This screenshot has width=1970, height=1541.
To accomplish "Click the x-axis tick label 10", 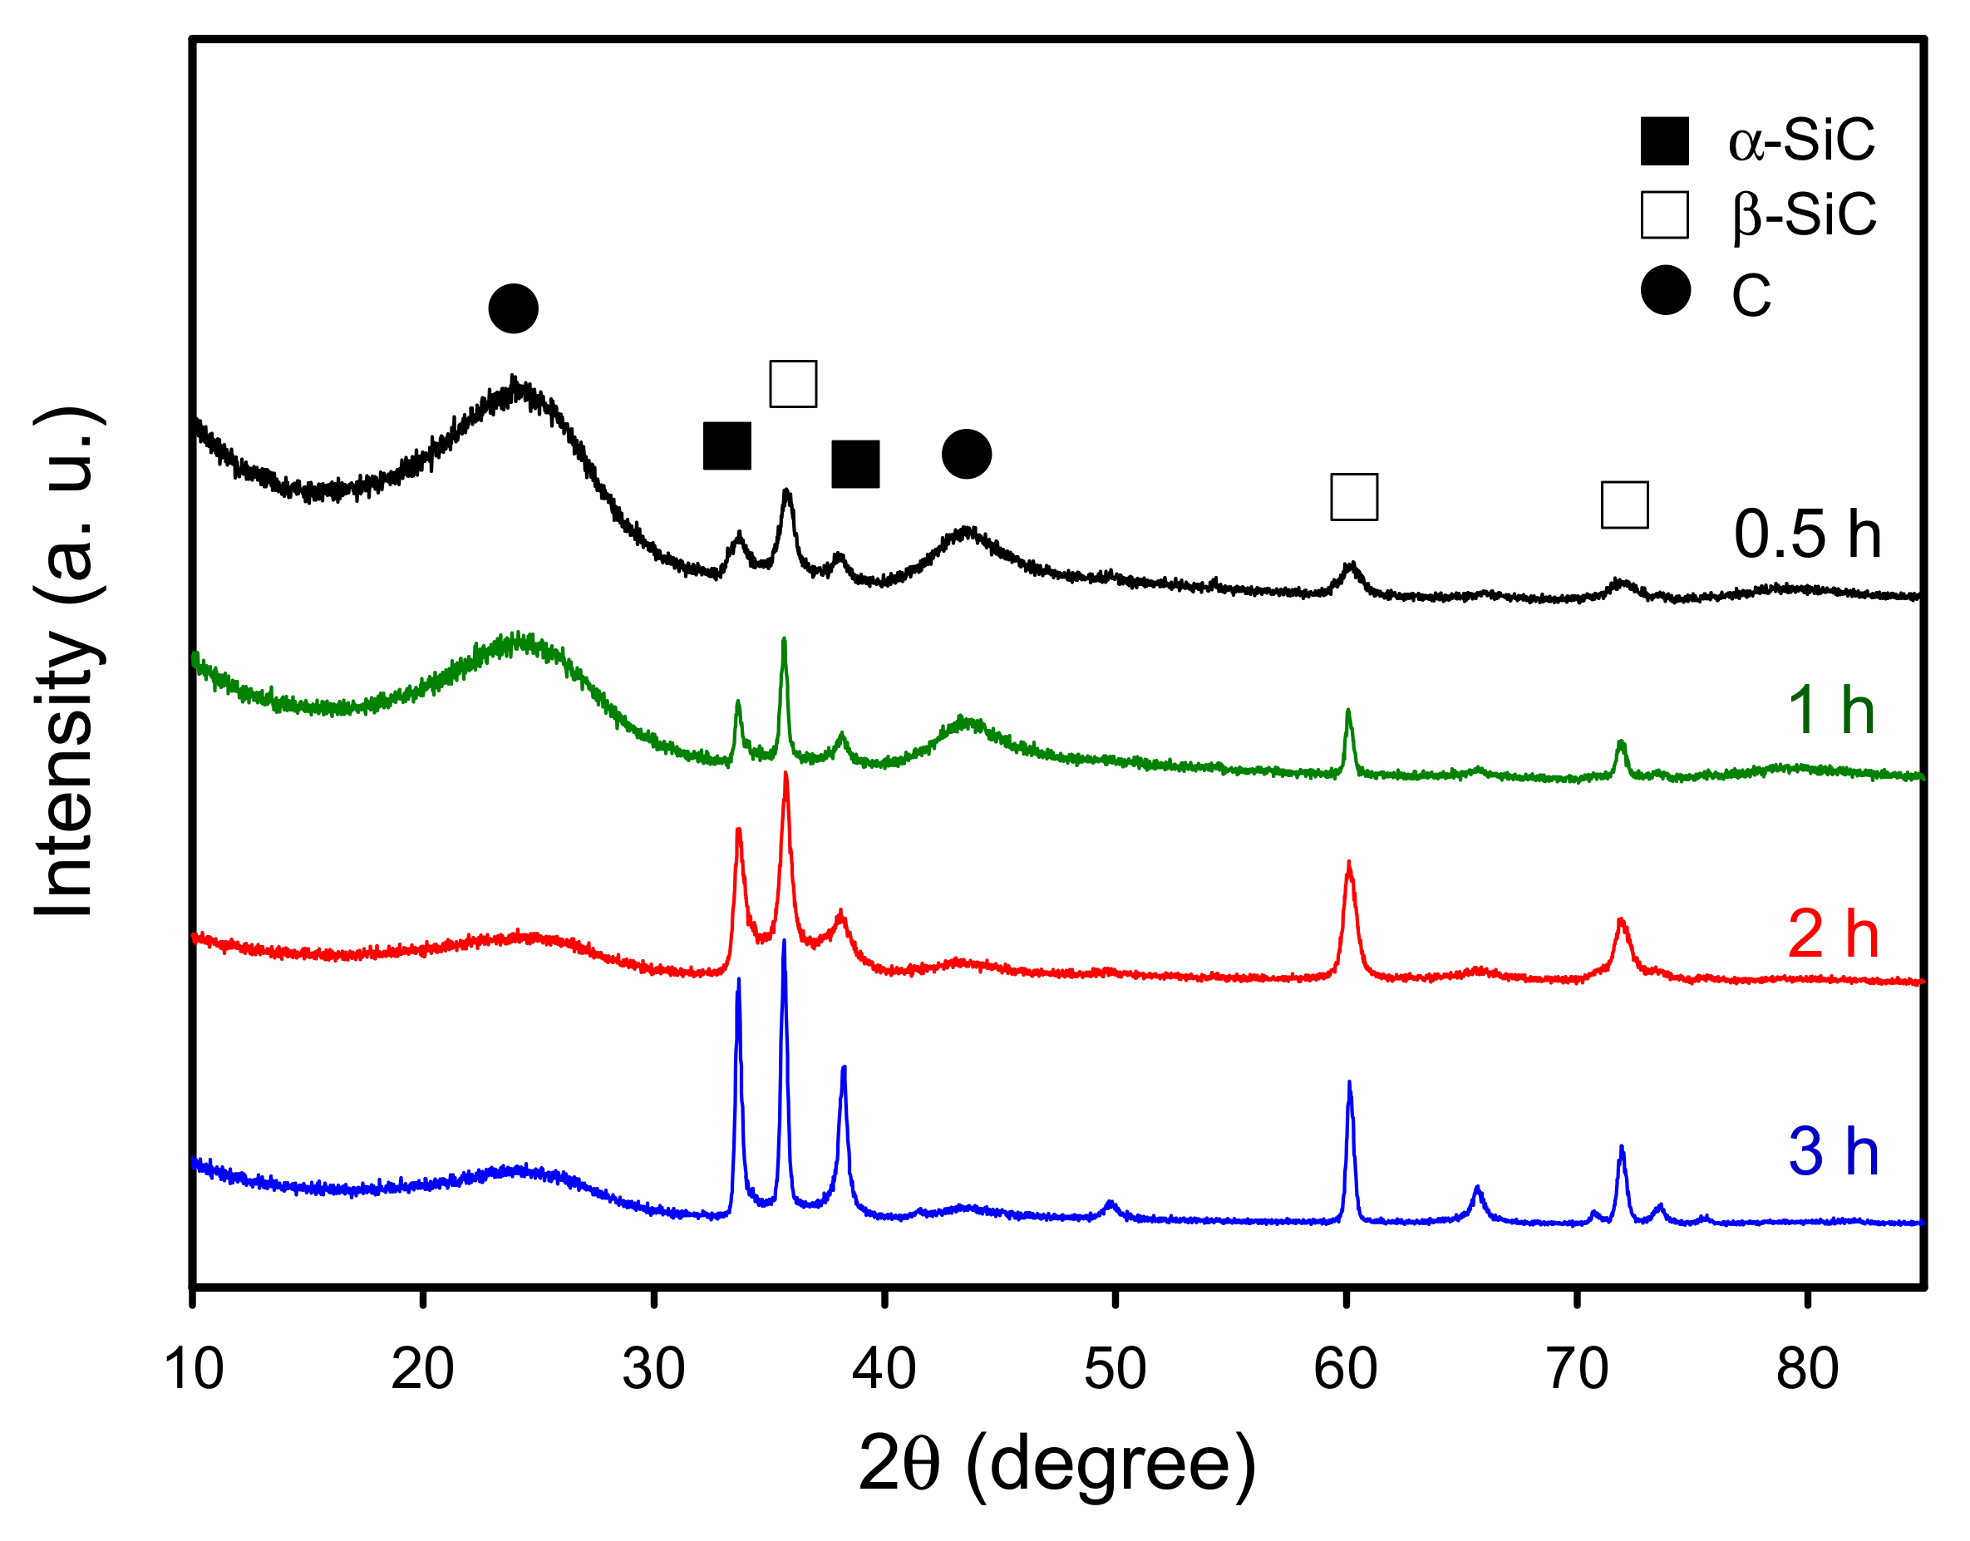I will click(x=193, y=1370).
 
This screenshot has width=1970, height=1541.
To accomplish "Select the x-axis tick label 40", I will click(x=884, y=1370).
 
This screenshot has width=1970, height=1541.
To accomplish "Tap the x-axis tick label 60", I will click(x=1345, y=1370).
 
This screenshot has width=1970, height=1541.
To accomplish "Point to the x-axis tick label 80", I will click(x=1807, y=1370).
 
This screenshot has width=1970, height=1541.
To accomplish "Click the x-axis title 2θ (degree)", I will click(x=1056, y=1465).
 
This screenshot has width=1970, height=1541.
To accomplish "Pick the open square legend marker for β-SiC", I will click(x=1664, y=214).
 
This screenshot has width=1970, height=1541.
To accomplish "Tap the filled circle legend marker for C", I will click(x=1665, y=291).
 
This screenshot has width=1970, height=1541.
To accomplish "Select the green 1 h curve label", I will click(x=1831, y=711).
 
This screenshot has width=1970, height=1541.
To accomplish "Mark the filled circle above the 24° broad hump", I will click(x=513, y=308).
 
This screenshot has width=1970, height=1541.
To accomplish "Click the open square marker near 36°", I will click(x=793, y=384).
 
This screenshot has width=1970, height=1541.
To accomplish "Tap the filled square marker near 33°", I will click(x=727, y=446).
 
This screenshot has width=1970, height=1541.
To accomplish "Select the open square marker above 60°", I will click(x=1354, y=497).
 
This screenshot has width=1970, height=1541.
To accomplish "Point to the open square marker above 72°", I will click(x=1624, y=505).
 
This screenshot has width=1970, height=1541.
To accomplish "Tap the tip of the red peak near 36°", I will click(x=786, y=773).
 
